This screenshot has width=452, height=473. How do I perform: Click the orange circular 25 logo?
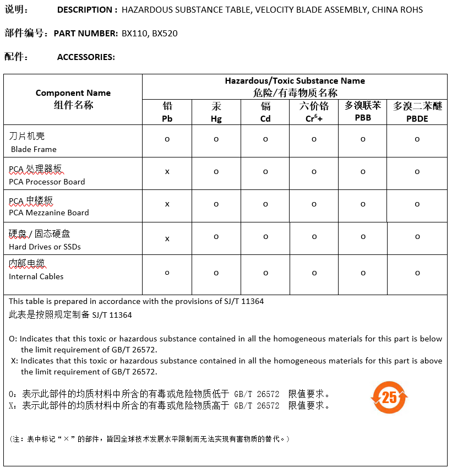(x=389, y=397)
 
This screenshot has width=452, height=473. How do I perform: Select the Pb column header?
(x=167, y=112)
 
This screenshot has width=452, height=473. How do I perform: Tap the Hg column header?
(x=216, y=112)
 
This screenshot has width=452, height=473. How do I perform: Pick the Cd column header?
(x=265, y=112)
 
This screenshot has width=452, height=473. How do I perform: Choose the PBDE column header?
(x=417, y=112)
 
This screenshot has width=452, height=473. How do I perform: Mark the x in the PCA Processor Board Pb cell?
(x=167, y=172)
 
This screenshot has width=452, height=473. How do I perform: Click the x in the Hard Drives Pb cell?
(x=167, y=238)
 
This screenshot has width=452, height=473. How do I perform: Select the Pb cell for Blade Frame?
(x=167, y=139)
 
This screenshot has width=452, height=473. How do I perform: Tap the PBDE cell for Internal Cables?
(x=417, y=273)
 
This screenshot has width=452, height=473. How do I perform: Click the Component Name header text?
(x=73, y=93)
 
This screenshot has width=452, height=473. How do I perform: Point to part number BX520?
(x=165, y=34)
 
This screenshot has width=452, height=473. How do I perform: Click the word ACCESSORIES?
(x=86, y=57)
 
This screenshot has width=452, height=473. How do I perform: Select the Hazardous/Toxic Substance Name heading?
(x=295, y=81)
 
